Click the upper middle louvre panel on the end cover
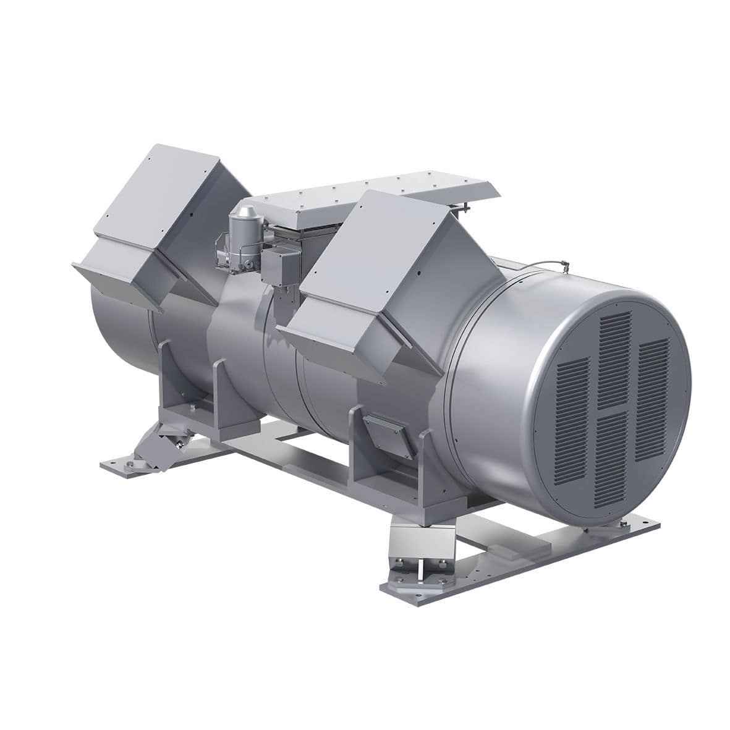pos(615,359)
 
